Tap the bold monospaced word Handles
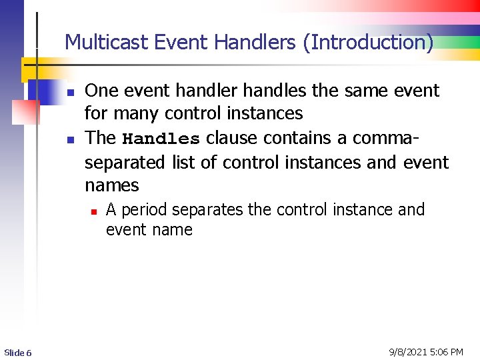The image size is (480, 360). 161,139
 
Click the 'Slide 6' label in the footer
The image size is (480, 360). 17,353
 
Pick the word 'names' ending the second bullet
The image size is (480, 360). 112,185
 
